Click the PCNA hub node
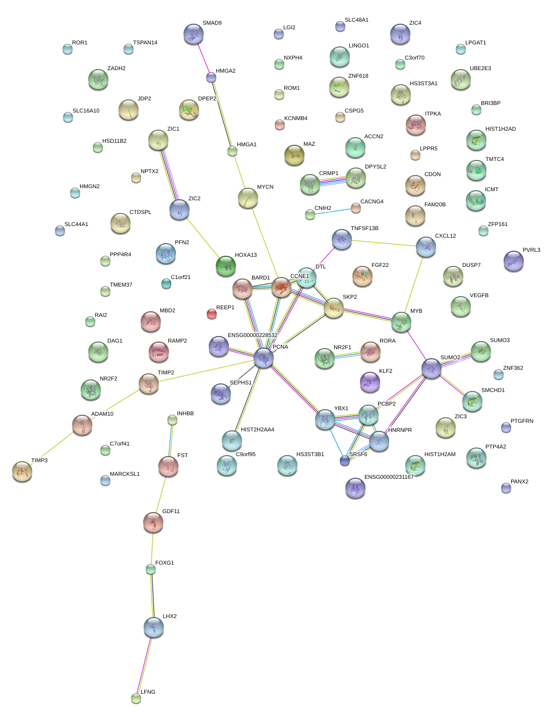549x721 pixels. [x=264, y=358]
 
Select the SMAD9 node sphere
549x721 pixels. [x=194, y=34]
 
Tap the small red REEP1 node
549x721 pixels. [x=212, y=314]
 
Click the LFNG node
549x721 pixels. [x=136, y=698]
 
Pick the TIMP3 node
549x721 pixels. [x=22, y=471]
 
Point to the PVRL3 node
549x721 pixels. [x=513, y=261]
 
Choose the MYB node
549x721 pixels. [x=401, y=322]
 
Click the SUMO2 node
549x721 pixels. [x=432, y=368]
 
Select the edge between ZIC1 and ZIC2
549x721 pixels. [x=169, y=175]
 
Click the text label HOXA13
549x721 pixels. [x=246, y=255]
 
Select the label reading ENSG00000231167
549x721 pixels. [x=389, y=477]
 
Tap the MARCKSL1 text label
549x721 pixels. [x=125, y=474]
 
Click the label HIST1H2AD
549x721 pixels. [x=500, y=129]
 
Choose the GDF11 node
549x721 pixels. [x=153, y=522]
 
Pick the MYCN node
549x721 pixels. [x=248, y=198]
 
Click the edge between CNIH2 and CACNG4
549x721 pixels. [x=333, y=211]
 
